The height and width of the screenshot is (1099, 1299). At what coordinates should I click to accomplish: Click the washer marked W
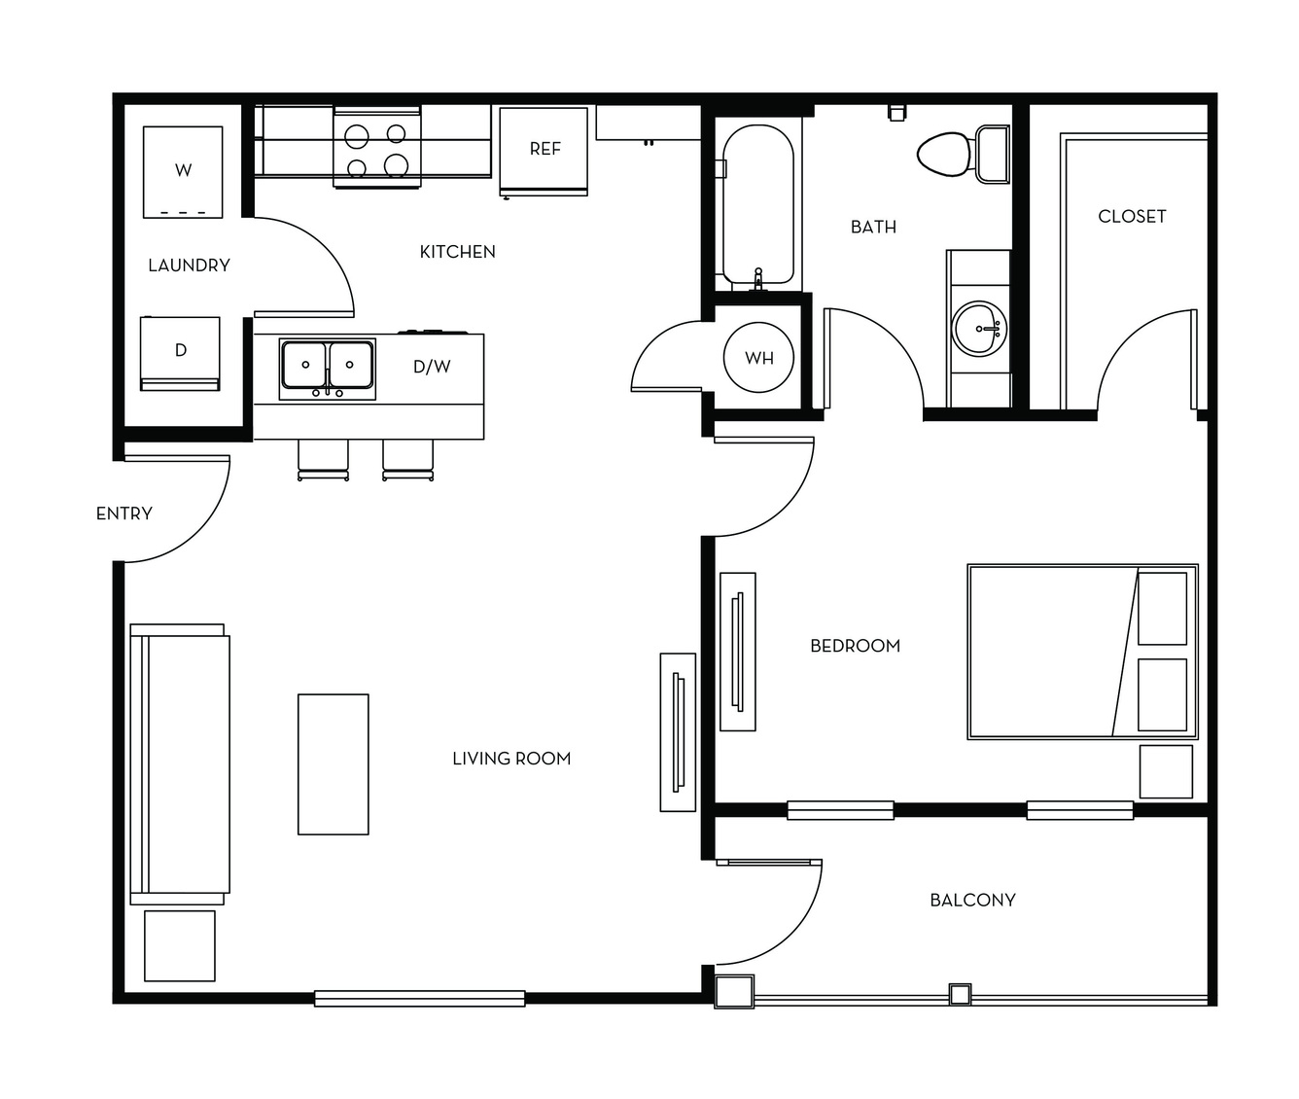pyautogui.click(x=183, y=172)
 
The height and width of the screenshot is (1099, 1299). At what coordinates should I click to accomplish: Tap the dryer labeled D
pyautogui.click(x=180, y=353)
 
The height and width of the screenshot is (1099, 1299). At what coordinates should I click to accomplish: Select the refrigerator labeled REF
pyautogui.click(x=544, y=152)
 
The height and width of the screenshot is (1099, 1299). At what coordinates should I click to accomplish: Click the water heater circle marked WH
pyautogui.click(x=758, y=357)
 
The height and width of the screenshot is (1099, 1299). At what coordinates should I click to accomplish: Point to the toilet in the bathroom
pyautogui.click(x=963, y=154)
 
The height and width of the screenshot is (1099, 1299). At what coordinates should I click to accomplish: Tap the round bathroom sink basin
pyautogui.click(x=979, y=329)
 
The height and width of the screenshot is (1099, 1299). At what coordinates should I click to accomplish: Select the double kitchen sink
pyautogui.click(x=328, y=369)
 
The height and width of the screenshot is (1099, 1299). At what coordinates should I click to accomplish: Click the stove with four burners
pyautogui.click(x=377, y=148)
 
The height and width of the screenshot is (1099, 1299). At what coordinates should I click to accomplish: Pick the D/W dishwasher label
pyautogui.click(x=432, y=367)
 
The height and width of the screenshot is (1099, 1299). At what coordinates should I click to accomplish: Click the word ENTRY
pyautogui.click(x=124, y=514)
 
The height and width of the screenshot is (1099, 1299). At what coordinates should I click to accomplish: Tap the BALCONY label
pyautogui.click(x=973, y=901)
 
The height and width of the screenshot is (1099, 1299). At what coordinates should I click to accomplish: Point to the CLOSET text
pyautogui.click(x=1132, y=216)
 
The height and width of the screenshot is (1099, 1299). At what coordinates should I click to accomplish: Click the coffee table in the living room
pyautogui.click(x=334, y=764)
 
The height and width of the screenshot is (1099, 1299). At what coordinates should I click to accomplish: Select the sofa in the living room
pyautogui.click(x=180, y=763)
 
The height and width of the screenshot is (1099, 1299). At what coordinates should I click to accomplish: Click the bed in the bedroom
pyautogui.click(x=1082, y=652)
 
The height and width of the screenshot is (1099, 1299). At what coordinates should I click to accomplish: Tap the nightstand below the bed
pyautogui.click(x=1166, y=771)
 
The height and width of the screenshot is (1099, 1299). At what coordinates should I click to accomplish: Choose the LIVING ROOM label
pyautogui.click(x=511, y=759)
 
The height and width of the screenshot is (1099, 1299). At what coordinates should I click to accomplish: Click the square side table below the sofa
pyautogui.click(x=180, y=945)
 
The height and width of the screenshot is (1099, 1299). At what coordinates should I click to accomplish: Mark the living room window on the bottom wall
pyautogui.click(x=420, y=999)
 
